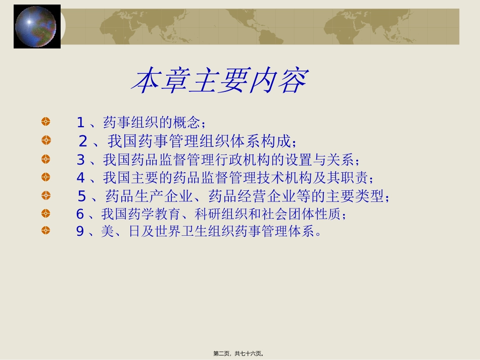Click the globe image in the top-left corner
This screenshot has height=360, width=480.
pyautogui.click(x=36, y=26)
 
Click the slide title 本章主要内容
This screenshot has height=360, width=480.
pyautogui.click(x=219, y=81)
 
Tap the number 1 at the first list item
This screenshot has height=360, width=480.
pyautogui.click(x=80, y=122)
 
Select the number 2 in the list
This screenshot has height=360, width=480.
pyautogui.click(x=83, y=141)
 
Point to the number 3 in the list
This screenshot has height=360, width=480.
pyautogui.click(x=80, y=160)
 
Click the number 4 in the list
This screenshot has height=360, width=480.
pyautogui.click(x=80, y=178)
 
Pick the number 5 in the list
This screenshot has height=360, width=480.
pyautogui.click(x=82, y=196)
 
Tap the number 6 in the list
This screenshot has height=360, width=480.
pyautogui.click(x=80, y=214)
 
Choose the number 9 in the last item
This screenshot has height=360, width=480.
pyautogui.click(x=80, y=232)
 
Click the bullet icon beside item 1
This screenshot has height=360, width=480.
pyautogui.click(x=46, y=122)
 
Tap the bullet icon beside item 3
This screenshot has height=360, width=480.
pyautogui.click(x=46, y=159)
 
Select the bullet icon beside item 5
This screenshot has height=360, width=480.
pyautogui.click(x=46, y=195)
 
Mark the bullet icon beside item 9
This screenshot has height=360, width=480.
pyautogui.click(x=46, y=231)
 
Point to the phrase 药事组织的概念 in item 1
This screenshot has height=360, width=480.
pyautogui.click(x=151, y=122)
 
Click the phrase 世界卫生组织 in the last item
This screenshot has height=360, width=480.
pyautogui.click(x=186, y=232)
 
